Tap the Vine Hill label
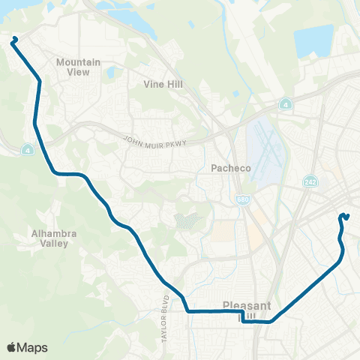[x=163, y=85]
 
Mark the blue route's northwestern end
[x=13, y=39]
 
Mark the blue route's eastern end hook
[x=344, y=217]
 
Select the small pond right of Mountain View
[x=110, y=73]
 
